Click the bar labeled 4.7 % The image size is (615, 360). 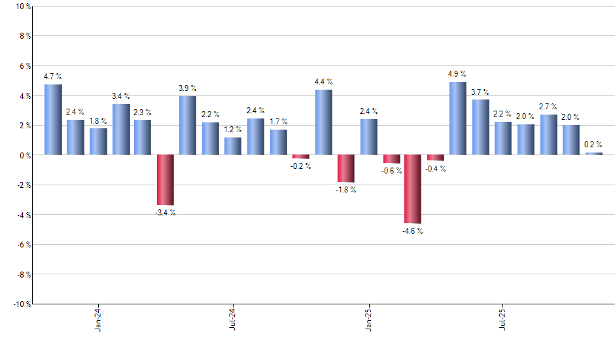[53, 120]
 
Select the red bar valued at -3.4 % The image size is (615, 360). [166, 180]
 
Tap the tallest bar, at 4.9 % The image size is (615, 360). [458, 118]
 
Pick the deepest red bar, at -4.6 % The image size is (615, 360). [413, 189]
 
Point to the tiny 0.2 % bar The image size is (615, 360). [593, 154]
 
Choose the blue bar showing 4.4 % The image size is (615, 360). [323, 122]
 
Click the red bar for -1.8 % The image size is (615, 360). [346, 168]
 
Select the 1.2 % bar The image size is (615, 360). [233, 146]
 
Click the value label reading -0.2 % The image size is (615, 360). [301, 166]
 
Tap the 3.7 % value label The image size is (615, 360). [480, 92]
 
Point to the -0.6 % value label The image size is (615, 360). [391, 171]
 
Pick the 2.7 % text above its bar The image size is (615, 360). [548, 107]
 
